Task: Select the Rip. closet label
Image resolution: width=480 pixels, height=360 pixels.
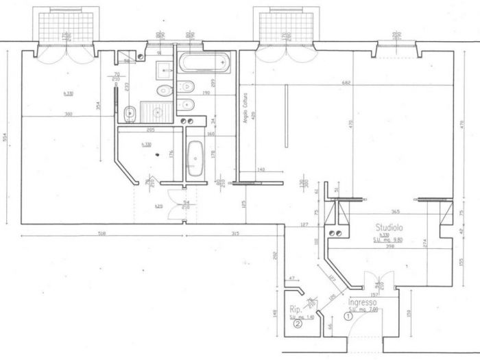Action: (296, 309)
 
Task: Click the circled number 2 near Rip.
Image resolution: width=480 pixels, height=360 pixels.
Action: (297, 326)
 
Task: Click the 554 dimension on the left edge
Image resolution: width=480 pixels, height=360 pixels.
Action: (6, 137)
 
